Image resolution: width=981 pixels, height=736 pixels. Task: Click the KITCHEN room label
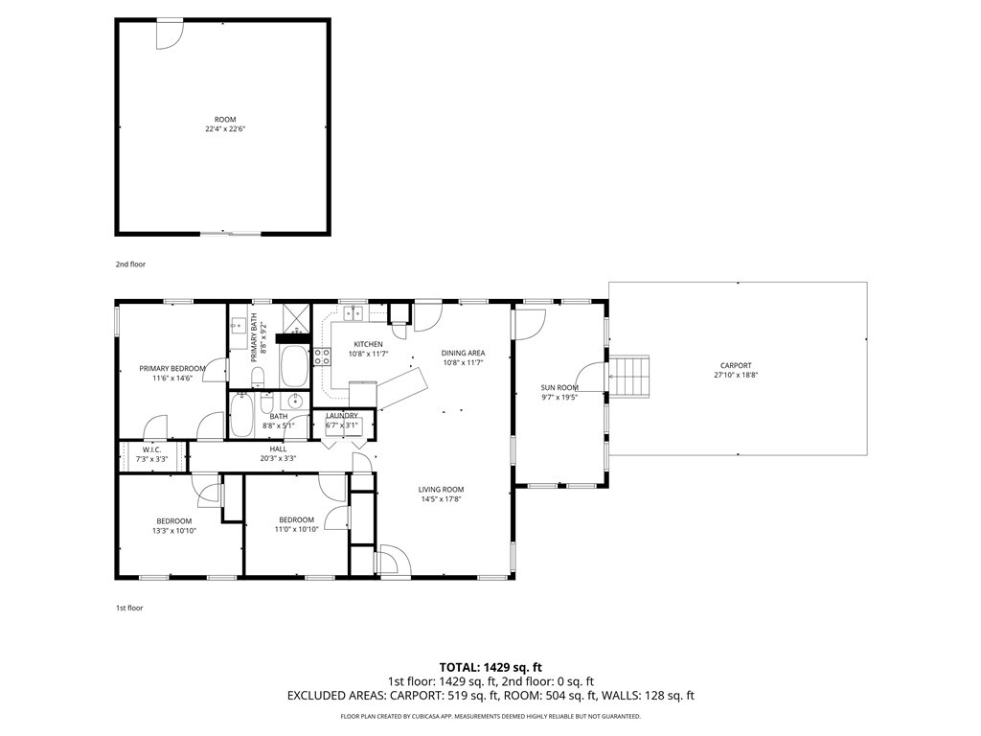368,344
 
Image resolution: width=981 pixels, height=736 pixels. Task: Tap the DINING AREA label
463,353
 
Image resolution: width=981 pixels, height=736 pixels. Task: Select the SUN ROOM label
559,387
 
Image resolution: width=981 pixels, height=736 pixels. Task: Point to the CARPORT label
736,365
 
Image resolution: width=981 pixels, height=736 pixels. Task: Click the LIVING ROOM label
441,490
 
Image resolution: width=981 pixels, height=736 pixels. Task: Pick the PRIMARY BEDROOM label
172,369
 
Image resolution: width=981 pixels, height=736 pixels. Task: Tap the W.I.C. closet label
152,449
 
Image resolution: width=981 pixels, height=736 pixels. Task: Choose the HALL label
279,448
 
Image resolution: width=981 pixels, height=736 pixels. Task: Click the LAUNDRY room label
342,416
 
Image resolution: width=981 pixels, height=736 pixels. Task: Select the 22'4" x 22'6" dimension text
225,129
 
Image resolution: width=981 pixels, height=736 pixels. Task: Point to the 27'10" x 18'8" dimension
736,376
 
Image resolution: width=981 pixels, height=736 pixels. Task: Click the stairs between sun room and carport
629,376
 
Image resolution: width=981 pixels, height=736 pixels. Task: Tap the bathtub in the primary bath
294,366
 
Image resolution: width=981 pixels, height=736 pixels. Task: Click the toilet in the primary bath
257,377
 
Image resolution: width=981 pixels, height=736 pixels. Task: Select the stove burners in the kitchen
322,356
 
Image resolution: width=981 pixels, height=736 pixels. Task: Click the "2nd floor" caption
130,264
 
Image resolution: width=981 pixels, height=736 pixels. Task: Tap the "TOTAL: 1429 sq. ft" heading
490,667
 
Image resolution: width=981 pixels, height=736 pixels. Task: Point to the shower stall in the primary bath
295,318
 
